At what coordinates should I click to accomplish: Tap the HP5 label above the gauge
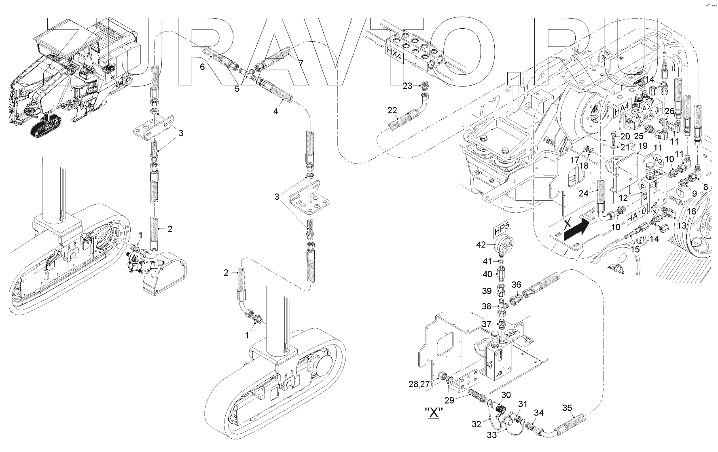click(x=500, y=231)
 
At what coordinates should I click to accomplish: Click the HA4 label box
click(x=621, y=110)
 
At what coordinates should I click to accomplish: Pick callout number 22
click(x=392, y=110)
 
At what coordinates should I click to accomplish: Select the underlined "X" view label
click(x=434, y=412)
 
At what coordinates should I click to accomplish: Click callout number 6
click(x=202, y=66)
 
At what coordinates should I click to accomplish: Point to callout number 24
click(x=583, y=194)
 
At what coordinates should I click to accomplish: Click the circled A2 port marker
click(x=659, y=160)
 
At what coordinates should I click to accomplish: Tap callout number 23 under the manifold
click(x=407, y=86)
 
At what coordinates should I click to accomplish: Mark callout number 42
click(x=481, y=245)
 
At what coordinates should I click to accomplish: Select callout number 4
click(x=275, y=110)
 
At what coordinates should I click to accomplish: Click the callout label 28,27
click(x=419, y=384)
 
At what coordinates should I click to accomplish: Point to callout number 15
click(x=635, y=249)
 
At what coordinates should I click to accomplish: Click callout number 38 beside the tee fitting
click(x=487, y=306)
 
